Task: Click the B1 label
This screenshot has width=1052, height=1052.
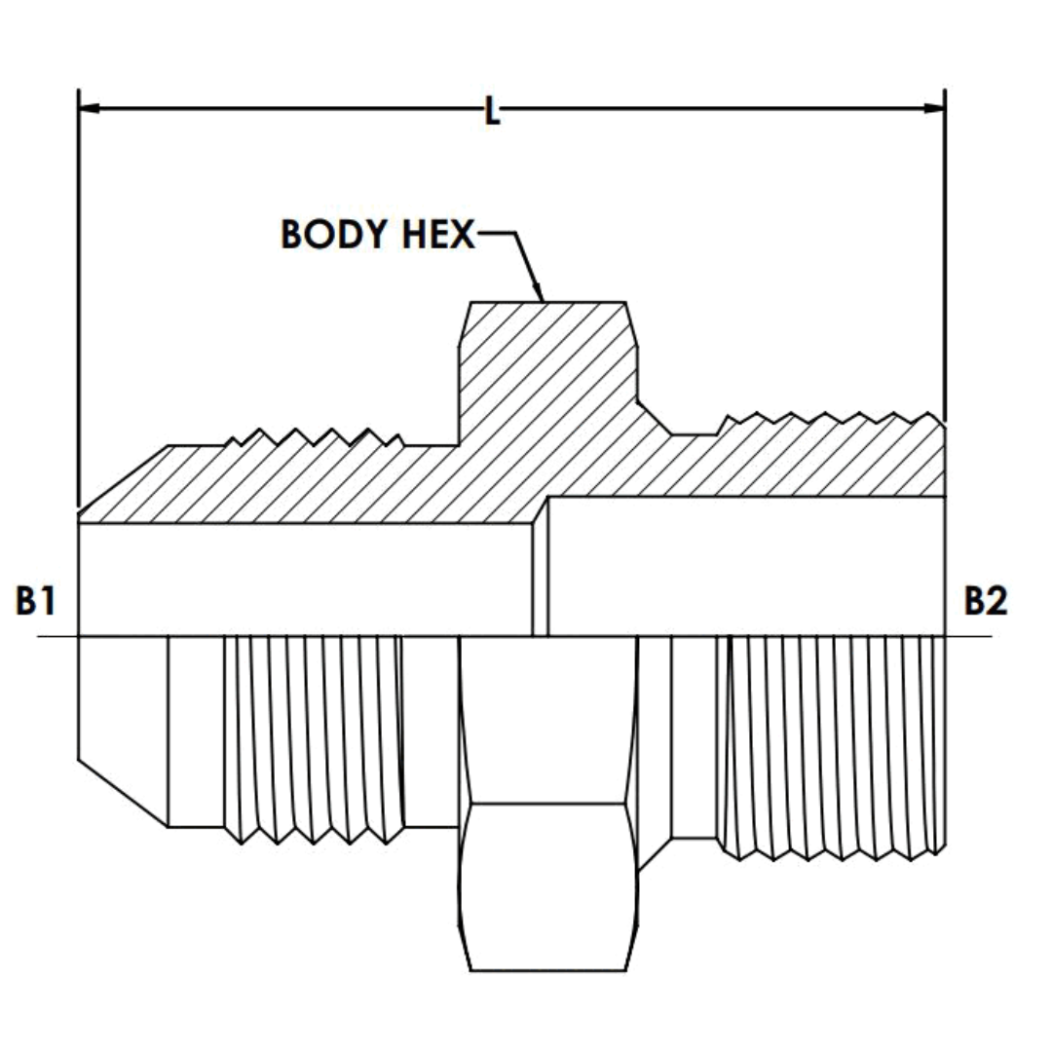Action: pyautogui.click(x=35, y=602)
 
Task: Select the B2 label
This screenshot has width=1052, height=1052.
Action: pyautogui.click(x=986, y=602)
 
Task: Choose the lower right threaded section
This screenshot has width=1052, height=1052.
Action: pyautogui.click(x=833, y=745)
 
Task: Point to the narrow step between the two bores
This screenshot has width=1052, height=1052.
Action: pyautogui.click(x=540, y=575)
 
